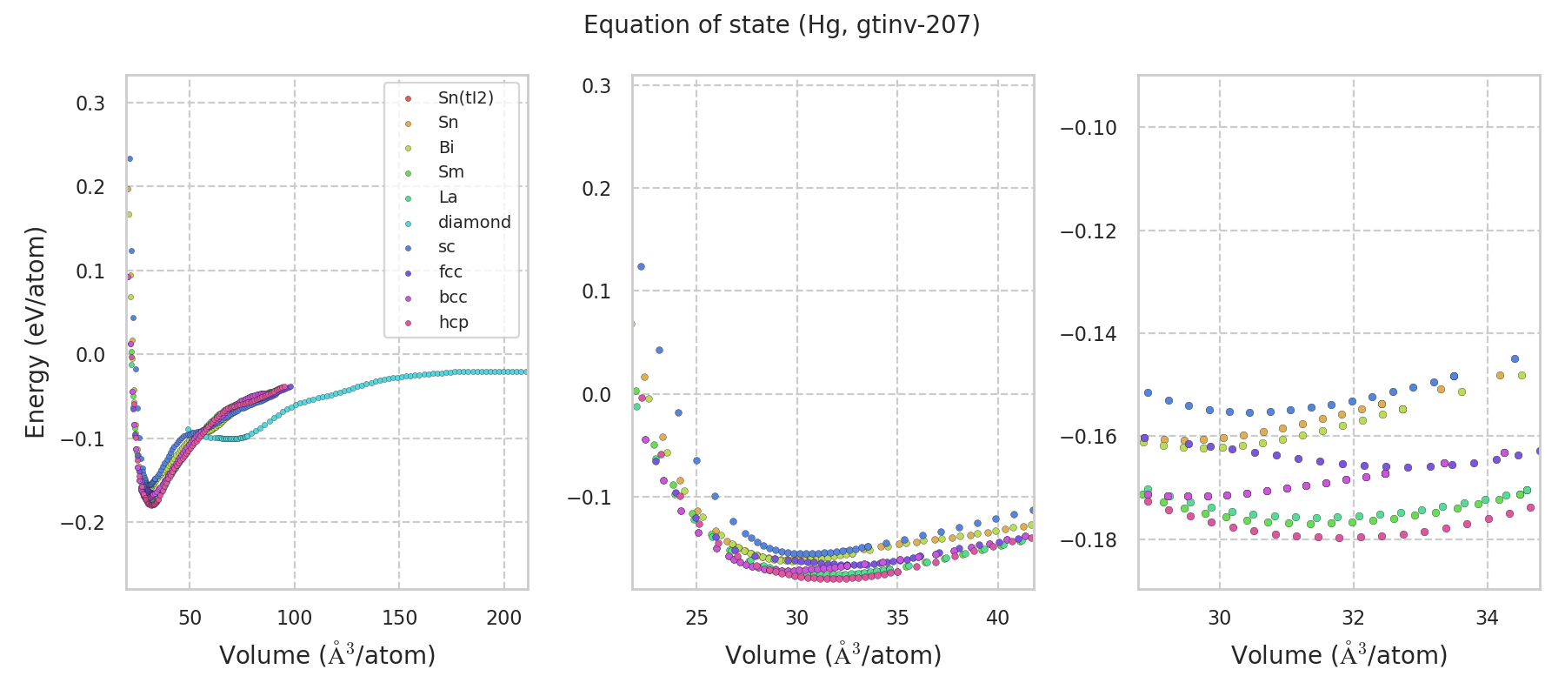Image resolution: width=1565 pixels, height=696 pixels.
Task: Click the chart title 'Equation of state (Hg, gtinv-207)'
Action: tap(782, 25)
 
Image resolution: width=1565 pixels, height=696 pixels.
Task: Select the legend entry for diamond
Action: tap(474, 222)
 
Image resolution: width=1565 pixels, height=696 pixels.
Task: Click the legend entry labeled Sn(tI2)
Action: tap(465, 97)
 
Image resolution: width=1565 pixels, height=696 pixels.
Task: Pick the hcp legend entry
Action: tap(453, 322)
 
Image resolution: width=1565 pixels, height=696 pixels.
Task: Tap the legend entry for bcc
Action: tap(452, 297)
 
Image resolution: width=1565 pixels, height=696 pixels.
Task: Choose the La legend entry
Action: tap(448, 197)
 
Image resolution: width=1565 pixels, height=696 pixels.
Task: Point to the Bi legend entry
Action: tap(446, 147)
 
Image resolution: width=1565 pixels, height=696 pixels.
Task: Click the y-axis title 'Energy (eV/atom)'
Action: tap(35, 332)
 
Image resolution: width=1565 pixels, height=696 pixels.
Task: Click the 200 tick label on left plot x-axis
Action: tap(504, 618)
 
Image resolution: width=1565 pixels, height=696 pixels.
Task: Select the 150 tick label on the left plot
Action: tap(399, 618)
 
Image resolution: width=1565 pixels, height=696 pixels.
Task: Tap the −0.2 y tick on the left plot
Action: tap(83, 522)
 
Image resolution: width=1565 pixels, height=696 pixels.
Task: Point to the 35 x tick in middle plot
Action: tap(897, 618)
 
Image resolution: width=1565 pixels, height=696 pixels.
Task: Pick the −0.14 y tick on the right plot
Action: tap(1087, 334)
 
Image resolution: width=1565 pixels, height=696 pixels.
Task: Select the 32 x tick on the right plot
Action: tap(1353, 618)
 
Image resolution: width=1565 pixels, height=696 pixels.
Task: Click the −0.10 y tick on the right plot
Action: tap(1087, 128)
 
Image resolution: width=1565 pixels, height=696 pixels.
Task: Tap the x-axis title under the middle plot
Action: tap(833, 655)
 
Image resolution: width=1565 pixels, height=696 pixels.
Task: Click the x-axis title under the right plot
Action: tap(1339, 655)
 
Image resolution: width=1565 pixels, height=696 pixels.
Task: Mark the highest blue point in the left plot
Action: tap(130, 158)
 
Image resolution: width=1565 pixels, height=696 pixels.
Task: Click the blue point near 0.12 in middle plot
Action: tap(641, 266)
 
